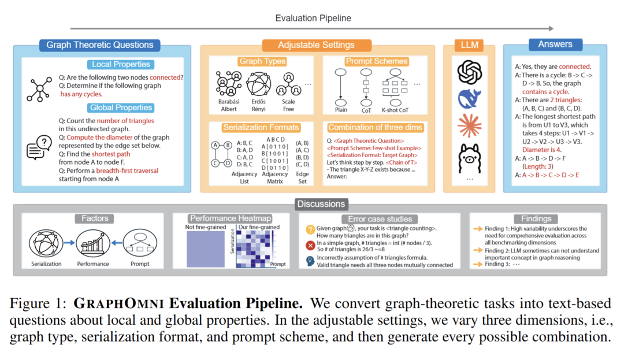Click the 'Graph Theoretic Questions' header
click(100, 45)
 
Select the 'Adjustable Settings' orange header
click(316, 45)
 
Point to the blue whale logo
click(469, 99)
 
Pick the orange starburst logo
click(469, 127)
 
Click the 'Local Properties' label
click(121, 64)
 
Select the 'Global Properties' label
click(121, 107)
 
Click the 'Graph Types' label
click(262, 61)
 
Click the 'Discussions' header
click(321, 203)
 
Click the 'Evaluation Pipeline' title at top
click(313, 18)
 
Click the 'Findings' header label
click(536, 218)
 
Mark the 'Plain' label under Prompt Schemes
click(341, 110)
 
